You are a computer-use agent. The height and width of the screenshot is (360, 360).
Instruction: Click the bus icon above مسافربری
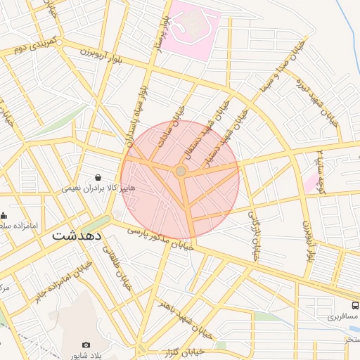354,306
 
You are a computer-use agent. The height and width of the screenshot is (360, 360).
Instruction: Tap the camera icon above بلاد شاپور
86,345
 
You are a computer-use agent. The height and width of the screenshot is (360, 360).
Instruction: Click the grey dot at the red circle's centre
181,171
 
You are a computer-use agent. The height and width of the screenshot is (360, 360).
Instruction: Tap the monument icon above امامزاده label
4,216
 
